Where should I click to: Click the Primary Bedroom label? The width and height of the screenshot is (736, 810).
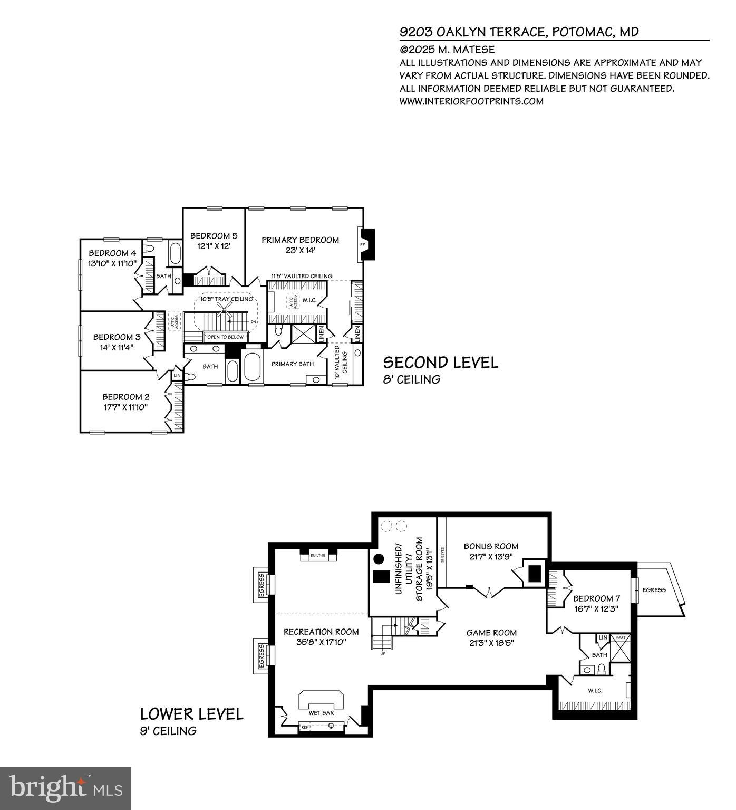[x=300, y=240]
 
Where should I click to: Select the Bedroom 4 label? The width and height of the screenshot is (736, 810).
[x=112, y=253]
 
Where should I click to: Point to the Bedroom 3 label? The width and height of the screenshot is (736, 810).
[x=117, y=337]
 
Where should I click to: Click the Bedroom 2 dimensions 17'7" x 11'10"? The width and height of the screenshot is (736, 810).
[x=125, y=407]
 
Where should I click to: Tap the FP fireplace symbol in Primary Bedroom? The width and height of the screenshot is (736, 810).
[x=363, y=245]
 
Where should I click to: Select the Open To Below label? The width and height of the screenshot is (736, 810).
[x=226, y=337]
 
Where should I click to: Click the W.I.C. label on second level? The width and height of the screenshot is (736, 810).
[x=309, y=300]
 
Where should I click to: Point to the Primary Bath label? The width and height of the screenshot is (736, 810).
[x=292, y=364]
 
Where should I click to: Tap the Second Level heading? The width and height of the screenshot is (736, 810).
[x=440, y=363]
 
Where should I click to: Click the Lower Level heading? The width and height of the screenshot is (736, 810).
[x=192, y=714]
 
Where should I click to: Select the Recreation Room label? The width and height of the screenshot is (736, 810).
[x=321, y=632]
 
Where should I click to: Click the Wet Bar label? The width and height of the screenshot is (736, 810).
[x=321, y=713]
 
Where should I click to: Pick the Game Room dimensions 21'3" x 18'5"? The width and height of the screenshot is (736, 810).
[x=491, y=643]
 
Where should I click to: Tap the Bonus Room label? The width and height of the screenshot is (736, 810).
[x=491, y=546]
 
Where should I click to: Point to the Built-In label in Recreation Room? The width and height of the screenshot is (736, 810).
[x=318, y=556]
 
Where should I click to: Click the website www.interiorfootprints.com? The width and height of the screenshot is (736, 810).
[x=471, y=101]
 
